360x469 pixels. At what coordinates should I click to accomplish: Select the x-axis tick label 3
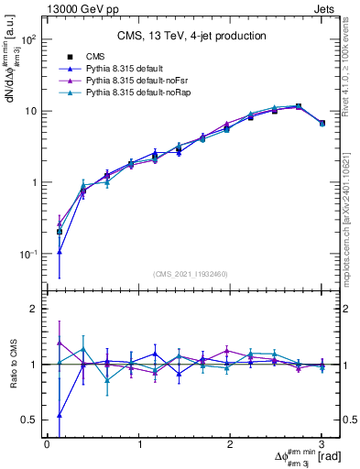click(x=322, y=445)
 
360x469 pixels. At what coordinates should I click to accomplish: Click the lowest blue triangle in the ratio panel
click(x=60, y=415)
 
